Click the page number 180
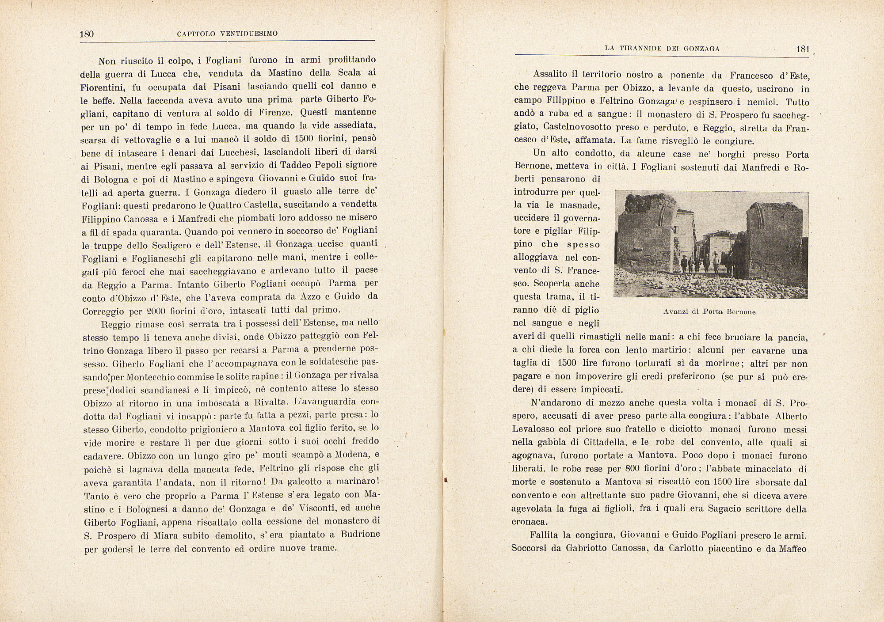tap(87, 34)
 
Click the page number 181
tap(802, 49)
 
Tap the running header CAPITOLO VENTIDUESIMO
tap(227, 34)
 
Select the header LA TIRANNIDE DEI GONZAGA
tap(662, 49)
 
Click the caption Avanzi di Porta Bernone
tap(709, 312)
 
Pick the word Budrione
tap(360, 534)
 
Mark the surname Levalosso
tap(534, 429)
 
